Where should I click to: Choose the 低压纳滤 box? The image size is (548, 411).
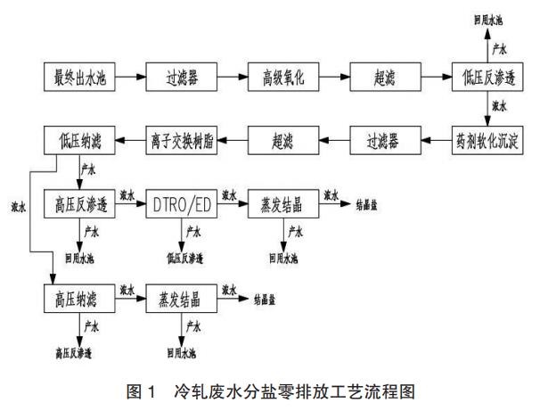(x=75, y=138)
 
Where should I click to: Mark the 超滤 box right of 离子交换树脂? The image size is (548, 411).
(x=279, y=138)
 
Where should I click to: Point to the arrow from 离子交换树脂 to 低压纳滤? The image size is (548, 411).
(x=126, y=138)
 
